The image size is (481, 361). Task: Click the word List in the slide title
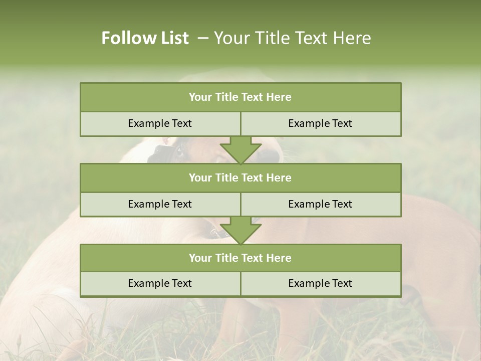coord(172,38)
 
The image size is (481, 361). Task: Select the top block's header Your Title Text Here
coord(240,97)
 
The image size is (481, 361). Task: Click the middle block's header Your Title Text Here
coord(240,177)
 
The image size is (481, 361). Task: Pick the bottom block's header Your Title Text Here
coord(240,258)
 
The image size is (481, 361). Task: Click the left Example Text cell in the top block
coord(160,123)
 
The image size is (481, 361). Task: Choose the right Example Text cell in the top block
coord(320,123)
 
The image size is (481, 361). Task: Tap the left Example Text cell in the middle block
coord(160,204)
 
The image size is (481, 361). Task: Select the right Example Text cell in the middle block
coord(320,204)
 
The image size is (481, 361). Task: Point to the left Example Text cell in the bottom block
coord(160,283)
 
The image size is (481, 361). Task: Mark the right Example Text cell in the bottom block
coord(320,283)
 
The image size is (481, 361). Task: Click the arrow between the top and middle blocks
coord(241,149)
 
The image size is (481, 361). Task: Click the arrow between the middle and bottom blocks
coord(241,230)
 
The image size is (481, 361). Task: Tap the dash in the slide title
coord(203,38)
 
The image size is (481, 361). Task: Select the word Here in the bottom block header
coord(279,258)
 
